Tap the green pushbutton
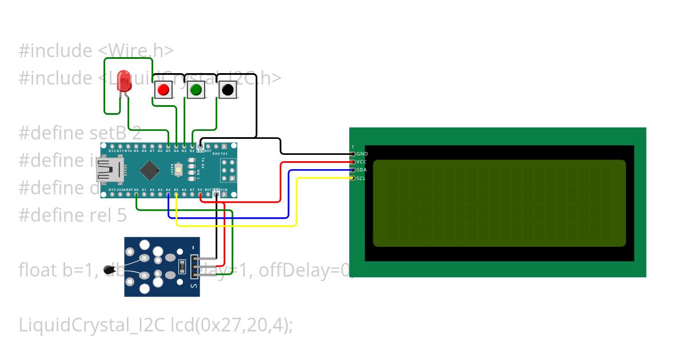(196, 90)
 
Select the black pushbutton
(228, 90)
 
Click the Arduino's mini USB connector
(107, 170)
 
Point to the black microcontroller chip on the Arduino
(150, 169)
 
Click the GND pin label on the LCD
(362, 154)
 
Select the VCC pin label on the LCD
(361, 162)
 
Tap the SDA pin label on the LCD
(361, 170)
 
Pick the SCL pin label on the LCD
(361, 178)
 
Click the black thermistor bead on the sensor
(107, 270)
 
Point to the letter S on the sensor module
(194, 285)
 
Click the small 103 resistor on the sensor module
(182, 265)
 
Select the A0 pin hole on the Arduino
(137, 195)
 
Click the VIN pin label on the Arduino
(224, 189)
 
